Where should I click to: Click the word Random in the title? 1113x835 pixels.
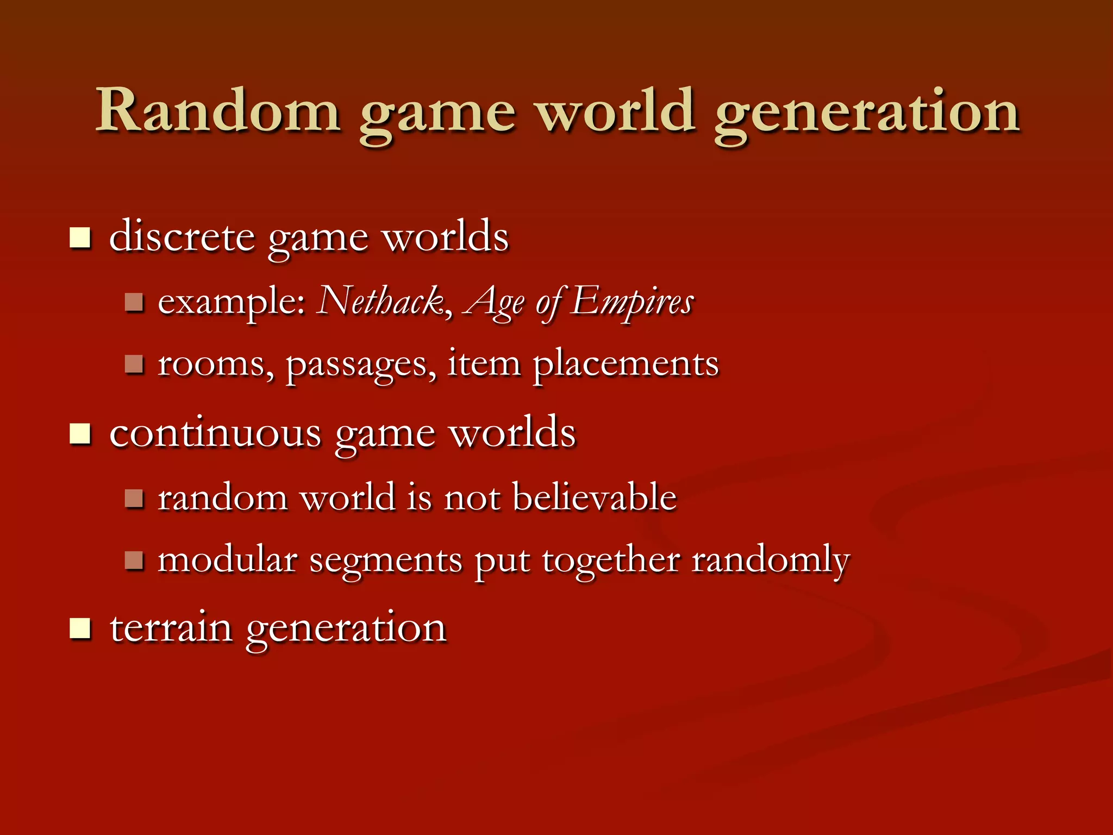pyautogui.click(x=218, y=111)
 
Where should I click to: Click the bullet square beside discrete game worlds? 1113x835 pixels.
pyautogui.click(x=80, y=238)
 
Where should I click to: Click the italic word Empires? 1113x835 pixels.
pyautogui.click(x=632, y=302)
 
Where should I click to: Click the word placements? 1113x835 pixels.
pyautogui.click(x=626, y=364)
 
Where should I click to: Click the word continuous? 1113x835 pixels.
pyautogui.click(x=215, y=433)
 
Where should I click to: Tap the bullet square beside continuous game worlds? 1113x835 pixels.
pyautogui.click(x=80, y=434)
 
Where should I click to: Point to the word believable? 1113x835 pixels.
pyautogui.click(x=594, y=497)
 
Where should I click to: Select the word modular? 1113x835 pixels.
pyautogui.click(x=228, y=560)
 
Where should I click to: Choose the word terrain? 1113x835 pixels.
pyautogui.click(x=171, y=628)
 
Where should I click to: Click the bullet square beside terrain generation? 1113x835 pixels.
pyautogui.click(x=80, y=629)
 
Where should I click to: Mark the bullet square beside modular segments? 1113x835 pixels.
pyautogui.click(x=133, y=560)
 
